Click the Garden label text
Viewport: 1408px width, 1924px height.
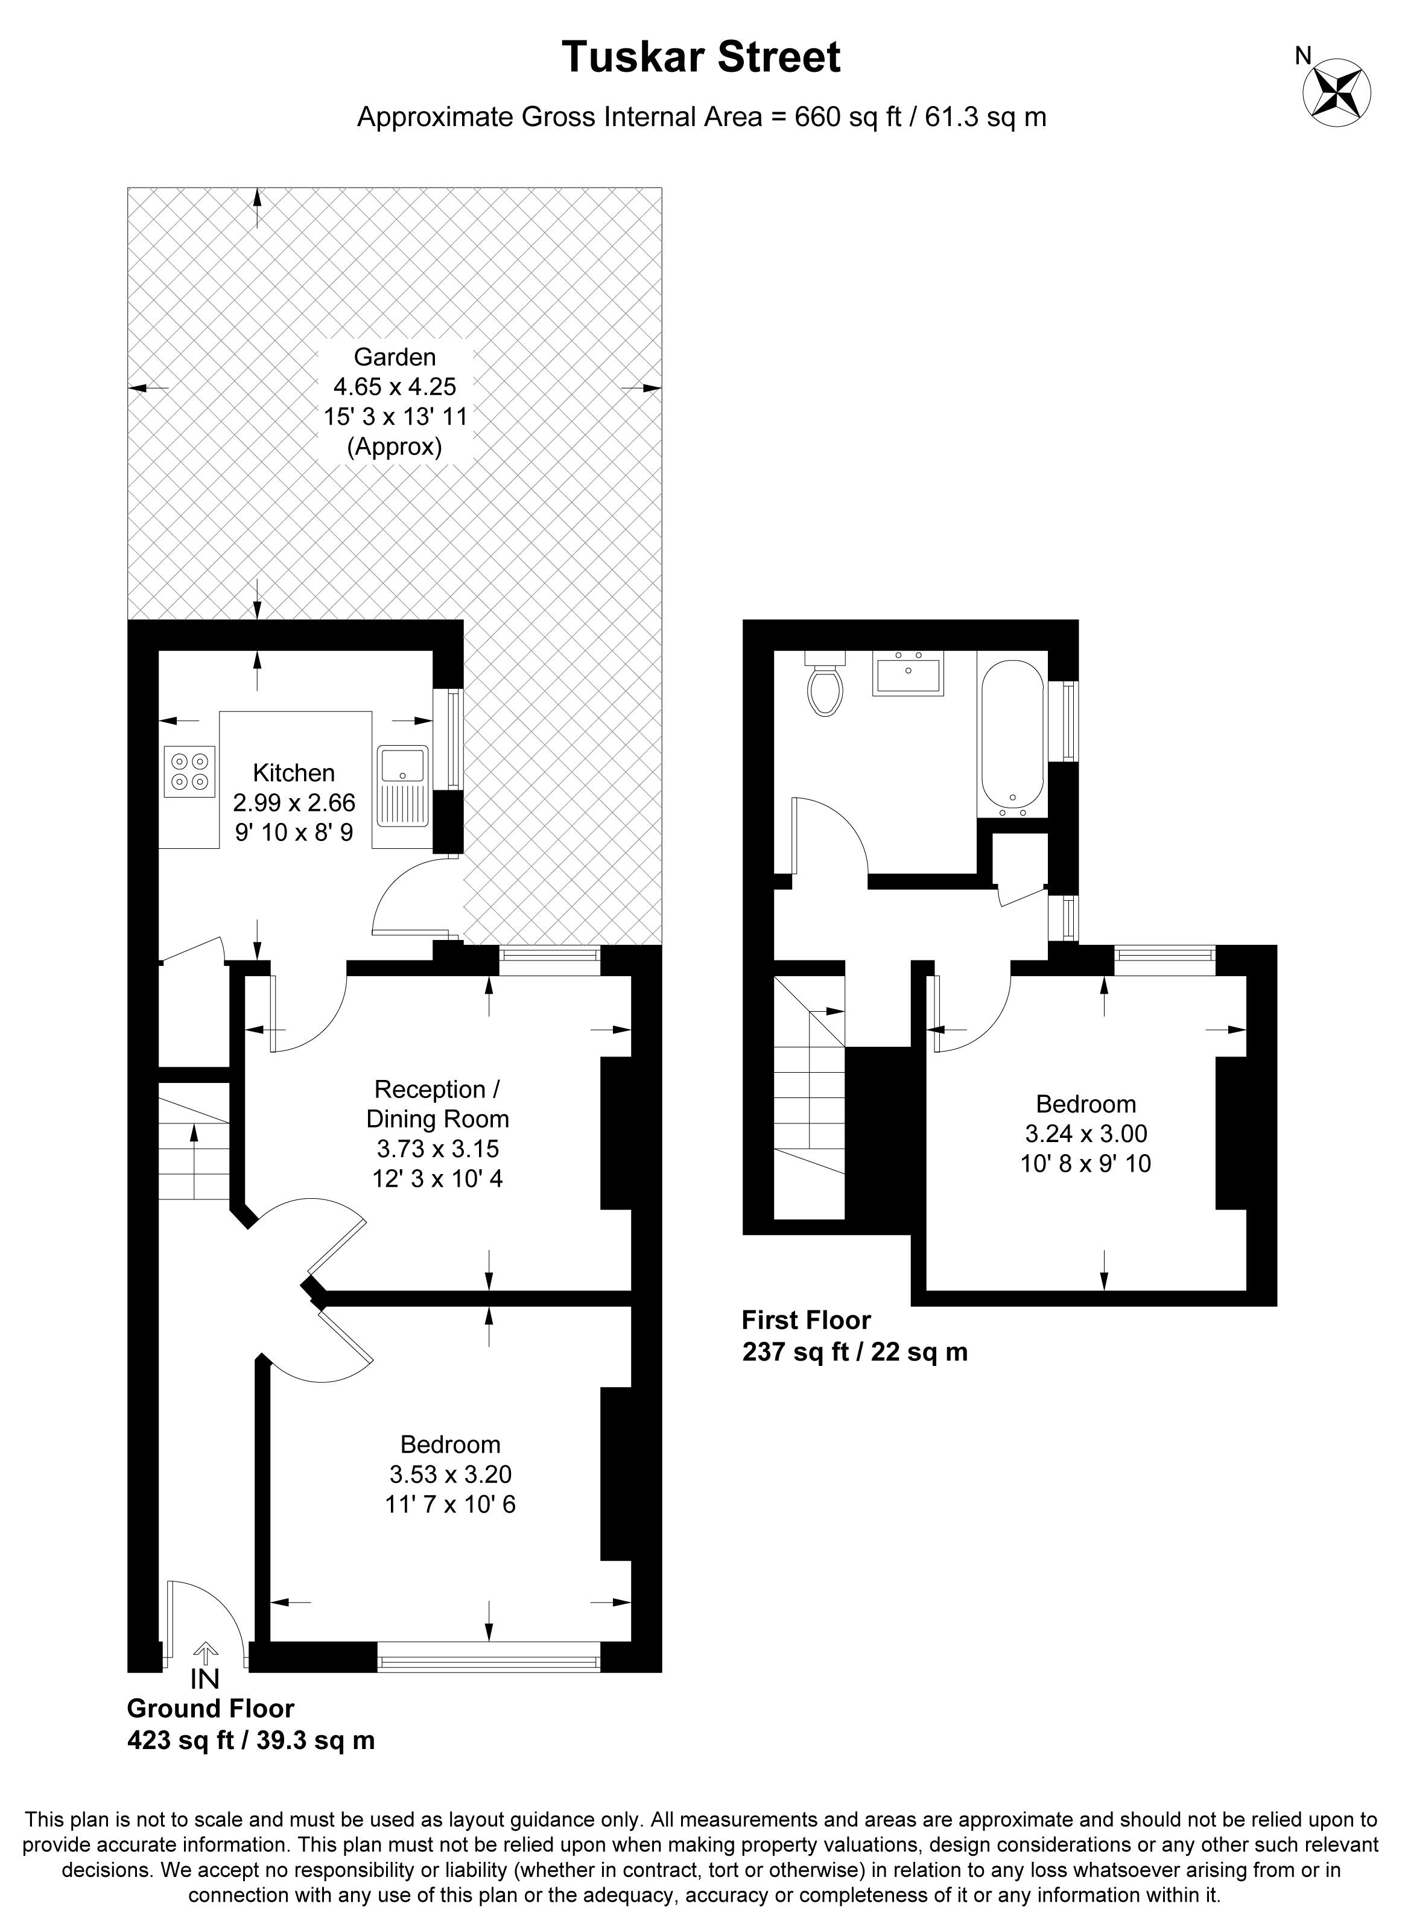point(395,357)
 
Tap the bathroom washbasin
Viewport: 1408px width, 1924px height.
point(909,673)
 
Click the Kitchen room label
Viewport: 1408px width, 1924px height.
point(294,773)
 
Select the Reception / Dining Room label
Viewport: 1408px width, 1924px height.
point(437,1104)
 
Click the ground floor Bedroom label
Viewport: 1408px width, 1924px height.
point(450,1444)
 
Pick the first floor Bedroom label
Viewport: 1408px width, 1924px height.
point(1086,1104)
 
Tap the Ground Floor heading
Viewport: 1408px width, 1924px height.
point(211,1709)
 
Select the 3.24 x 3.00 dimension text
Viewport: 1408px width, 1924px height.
point(1086,1134)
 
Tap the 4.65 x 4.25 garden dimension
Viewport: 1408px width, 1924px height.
point(395,386)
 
